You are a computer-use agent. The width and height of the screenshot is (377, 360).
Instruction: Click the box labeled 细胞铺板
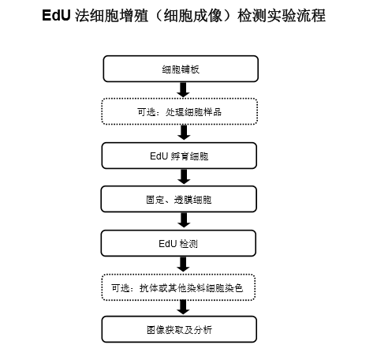(181, 69)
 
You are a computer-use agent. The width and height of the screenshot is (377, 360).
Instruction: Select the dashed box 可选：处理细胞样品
(180, 111)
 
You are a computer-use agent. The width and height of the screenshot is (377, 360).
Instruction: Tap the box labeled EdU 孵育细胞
(179, 156)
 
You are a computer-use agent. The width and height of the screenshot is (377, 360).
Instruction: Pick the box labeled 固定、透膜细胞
(179, 199)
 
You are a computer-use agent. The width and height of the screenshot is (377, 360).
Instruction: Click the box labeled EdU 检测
(178, 243)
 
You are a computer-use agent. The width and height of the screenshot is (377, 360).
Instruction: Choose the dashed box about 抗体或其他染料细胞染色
(178, 287)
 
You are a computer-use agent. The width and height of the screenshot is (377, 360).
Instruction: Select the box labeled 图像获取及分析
(179, 329)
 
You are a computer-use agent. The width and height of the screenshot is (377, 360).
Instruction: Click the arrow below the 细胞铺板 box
(183, 90)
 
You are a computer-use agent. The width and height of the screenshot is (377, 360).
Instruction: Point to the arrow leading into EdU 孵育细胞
(184, 133)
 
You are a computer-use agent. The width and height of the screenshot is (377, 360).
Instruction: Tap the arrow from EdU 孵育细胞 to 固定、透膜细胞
(184, 177)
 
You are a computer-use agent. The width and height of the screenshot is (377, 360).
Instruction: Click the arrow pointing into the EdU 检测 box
(184, 220)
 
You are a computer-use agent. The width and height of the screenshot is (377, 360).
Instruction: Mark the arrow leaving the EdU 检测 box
(183, 264)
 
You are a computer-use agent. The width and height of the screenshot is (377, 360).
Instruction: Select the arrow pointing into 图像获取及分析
(183, 307)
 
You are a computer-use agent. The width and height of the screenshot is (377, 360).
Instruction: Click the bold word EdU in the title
(56, 15)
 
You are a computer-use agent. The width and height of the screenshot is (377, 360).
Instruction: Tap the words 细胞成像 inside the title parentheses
(192, 16)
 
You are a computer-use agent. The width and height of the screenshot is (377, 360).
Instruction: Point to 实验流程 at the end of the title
(296, 16)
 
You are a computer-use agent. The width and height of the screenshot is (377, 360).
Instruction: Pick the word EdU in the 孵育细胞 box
(159, 156)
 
